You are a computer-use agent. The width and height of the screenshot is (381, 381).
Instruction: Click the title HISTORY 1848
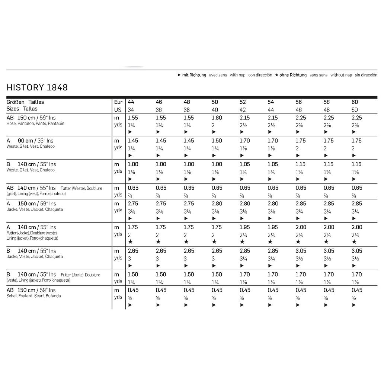click(37, 88)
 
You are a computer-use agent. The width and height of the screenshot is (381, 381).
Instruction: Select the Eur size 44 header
click(131, 102)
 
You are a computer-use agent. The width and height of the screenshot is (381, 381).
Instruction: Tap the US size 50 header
click(355, 110)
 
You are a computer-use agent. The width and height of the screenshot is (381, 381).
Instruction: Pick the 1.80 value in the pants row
click(217, 118)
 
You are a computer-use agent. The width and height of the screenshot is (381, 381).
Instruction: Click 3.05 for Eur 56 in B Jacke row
click(301, 251)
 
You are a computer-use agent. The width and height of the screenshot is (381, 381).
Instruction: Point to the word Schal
click(12, 296)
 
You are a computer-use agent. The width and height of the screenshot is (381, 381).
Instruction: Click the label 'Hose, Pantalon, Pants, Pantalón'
click(35, 124)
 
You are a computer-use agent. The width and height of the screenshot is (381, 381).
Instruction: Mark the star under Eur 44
click(130, 242)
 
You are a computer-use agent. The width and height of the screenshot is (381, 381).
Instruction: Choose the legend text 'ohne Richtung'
click(293, 75)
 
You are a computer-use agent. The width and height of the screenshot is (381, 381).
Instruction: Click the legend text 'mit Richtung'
click(194, 75)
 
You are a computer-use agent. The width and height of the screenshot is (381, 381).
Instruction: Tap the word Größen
click(16, 102)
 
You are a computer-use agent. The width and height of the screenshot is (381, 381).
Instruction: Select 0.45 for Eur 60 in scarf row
click(357, 290)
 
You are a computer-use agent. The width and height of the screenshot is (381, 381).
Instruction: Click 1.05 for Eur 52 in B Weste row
click(245, 164)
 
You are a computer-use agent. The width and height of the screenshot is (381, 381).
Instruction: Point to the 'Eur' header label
click(118, 102)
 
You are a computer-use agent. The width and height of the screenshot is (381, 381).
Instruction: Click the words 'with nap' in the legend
click(237, 75)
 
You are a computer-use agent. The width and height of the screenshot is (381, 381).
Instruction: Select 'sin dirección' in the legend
click(366, 75)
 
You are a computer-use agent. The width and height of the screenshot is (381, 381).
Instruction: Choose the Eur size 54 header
click(271, 102)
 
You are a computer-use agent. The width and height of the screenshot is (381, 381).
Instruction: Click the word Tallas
click(30, 109)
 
